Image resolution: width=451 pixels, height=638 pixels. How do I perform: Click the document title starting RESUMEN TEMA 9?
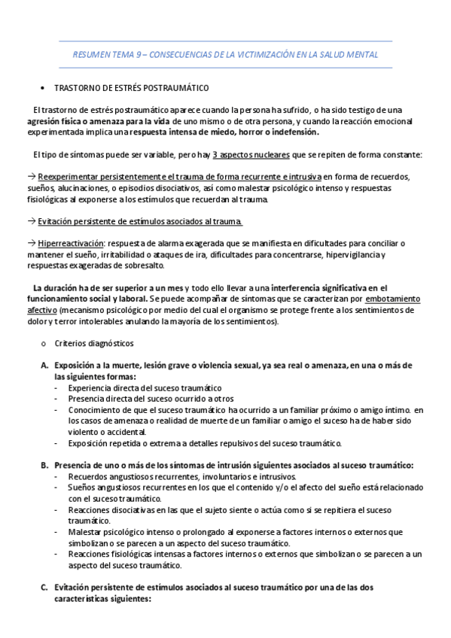(225, 55)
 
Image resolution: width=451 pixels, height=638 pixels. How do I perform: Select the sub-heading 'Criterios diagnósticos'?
(93, 343)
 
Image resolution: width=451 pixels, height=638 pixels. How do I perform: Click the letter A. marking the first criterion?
(44, 366)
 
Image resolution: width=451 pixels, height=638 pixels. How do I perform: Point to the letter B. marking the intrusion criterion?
(44, 466)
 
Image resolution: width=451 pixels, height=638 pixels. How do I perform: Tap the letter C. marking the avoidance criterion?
(44, 588)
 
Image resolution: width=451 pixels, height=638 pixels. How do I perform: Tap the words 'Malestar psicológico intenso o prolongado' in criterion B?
(155, 532)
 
